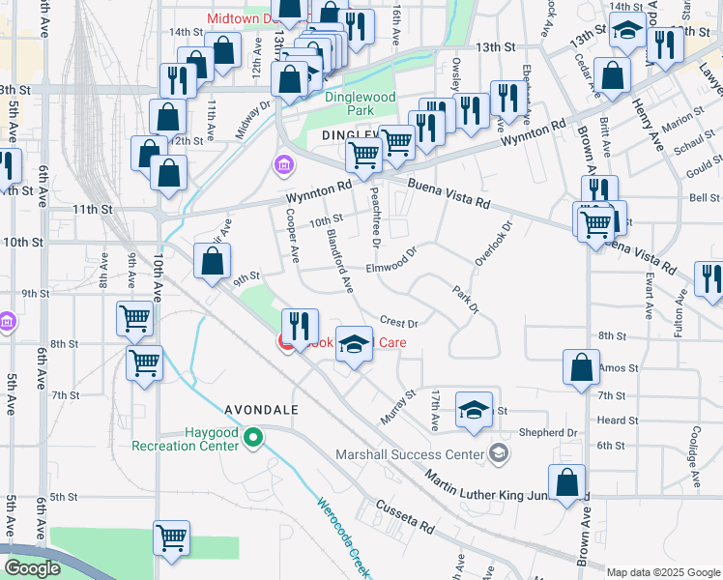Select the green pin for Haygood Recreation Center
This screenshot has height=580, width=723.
[253, 439]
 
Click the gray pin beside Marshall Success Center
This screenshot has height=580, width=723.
[498, 453]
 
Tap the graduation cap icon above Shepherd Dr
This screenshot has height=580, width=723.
[474, 408]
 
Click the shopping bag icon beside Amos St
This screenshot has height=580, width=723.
[580, 368]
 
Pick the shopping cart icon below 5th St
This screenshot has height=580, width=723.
[171, 537]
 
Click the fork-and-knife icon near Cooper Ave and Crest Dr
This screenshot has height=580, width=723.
[300, 325]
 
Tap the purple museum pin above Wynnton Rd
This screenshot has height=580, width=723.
[282, 166]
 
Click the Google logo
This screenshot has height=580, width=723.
[31, 568]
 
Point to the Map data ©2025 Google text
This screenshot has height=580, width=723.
[663, 572]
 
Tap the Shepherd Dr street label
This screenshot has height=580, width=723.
[547, 432]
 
